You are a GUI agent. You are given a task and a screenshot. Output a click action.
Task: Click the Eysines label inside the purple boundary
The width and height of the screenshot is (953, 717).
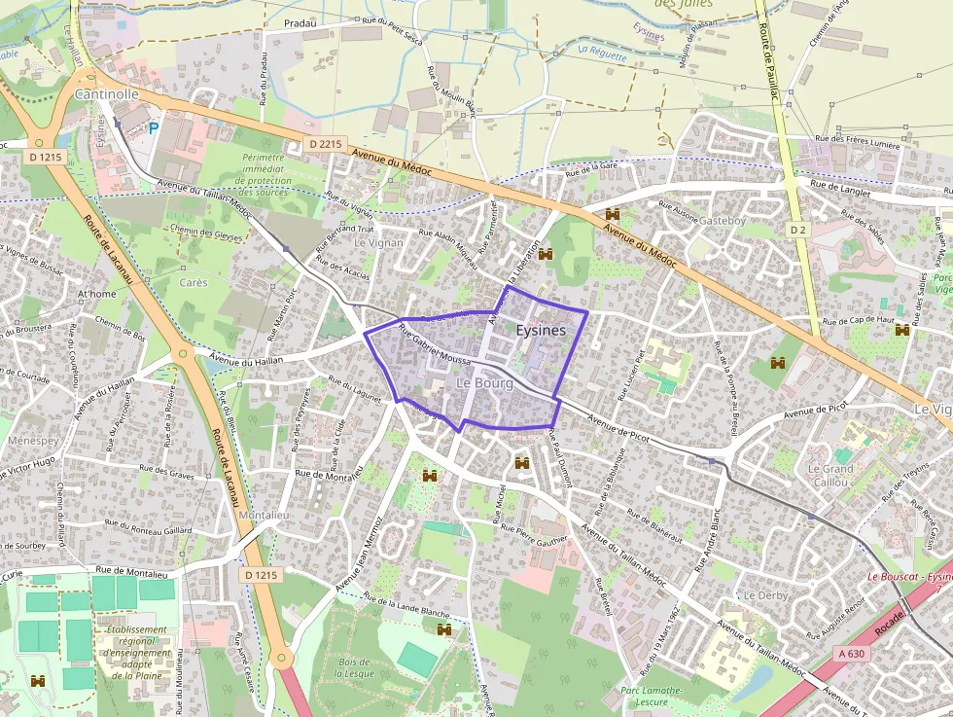[541, 331]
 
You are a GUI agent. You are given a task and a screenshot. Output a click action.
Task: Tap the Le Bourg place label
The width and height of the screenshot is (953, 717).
[484, 383]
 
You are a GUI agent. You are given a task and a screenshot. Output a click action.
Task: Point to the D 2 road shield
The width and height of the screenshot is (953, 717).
[797, 230]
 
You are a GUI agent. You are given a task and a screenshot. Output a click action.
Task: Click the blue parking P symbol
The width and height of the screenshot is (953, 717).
[153, 127]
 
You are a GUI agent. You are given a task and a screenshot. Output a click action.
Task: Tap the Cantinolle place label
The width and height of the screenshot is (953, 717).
[107, 94]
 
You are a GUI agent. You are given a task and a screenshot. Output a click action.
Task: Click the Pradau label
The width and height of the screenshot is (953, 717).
[300, 21]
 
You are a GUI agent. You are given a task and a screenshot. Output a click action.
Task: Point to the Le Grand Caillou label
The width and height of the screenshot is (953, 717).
[830, 475]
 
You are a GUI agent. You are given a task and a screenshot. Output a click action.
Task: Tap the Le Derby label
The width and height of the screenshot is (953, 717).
[764, 594]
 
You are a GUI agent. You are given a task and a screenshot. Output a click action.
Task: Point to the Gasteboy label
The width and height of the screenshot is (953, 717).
[723, 221]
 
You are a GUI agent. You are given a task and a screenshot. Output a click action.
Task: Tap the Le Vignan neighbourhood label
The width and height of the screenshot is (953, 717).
[379, 242]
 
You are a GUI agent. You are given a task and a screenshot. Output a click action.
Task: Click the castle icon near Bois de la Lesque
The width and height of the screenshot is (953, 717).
[445, 630]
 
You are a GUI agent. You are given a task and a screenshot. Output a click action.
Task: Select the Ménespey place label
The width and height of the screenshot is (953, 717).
[33, 440]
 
